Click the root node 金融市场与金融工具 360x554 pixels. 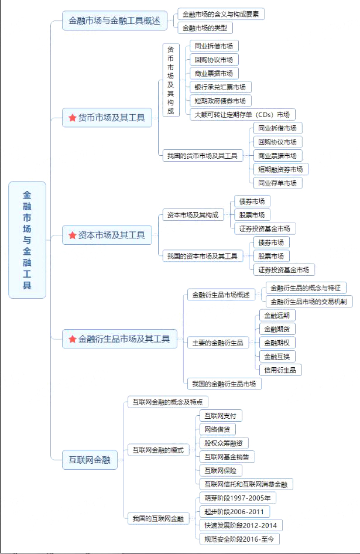(27, 240)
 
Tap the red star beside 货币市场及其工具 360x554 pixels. (73, 118)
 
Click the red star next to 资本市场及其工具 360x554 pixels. (73, 235)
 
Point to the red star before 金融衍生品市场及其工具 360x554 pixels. (73, 339)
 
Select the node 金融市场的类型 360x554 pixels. (205, 28)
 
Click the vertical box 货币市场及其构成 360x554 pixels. (171, 80)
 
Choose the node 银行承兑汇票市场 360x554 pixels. (221, 87)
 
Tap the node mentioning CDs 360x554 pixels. (242, 114)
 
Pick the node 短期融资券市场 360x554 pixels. (281, 169)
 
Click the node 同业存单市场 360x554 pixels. (277, 183)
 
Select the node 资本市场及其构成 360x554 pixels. (193, 215)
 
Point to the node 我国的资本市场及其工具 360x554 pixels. (203, 256)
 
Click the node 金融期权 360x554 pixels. (277, 343)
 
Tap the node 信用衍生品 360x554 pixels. (280, 370)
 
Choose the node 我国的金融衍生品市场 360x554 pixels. (224, 384)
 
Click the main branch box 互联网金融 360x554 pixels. (90, 460)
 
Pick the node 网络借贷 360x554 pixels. (218, 429)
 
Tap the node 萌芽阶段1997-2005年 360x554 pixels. (238, 498)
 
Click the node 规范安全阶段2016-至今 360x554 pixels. (239, 539)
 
